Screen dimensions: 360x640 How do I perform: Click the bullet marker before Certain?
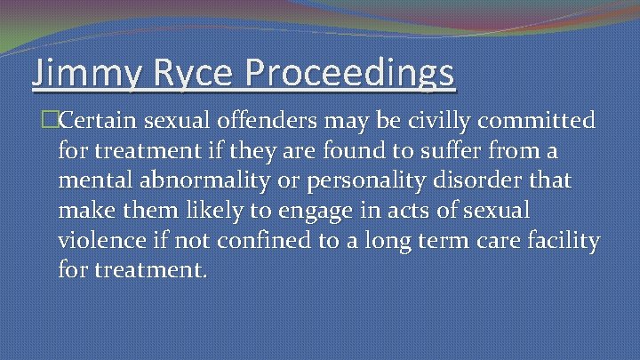click(x=36, y=120)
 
